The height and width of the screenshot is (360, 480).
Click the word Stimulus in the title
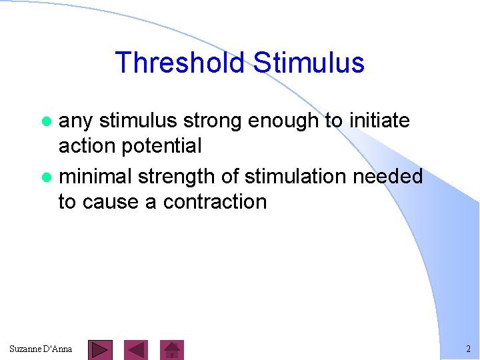point(309,63)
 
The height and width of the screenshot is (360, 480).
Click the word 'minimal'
point(95,176)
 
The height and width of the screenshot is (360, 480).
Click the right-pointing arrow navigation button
point(100,349)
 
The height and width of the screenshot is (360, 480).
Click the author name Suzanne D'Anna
point(41,349)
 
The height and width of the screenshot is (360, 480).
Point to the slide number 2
point(468,349)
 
